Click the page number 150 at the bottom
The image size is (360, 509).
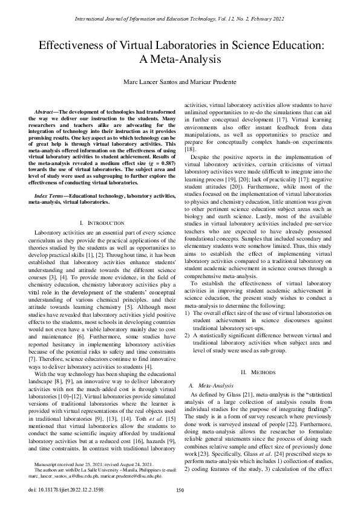(179, 491)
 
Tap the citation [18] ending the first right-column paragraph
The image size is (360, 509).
(189, 148)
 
